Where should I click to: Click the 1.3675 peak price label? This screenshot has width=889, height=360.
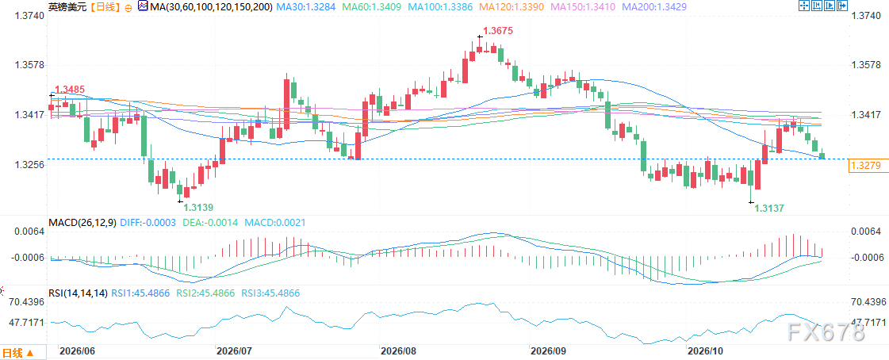coord(498,32)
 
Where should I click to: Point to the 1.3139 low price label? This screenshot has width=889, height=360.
coord(198,208)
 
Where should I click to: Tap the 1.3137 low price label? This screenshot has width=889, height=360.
coord(768,209)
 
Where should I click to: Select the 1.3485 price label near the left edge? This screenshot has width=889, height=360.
coord(70,89)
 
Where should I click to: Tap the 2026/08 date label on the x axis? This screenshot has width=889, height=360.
coord(399,352)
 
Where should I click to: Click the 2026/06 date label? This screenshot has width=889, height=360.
coord(76,352)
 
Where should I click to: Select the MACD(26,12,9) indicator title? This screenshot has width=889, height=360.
coord(82,223)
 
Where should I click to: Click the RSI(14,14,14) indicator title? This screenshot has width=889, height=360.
coord(78,293)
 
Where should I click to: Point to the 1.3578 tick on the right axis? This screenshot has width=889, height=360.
coord(866,65)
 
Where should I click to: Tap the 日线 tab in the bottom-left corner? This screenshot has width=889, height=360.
coord(16,353)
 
